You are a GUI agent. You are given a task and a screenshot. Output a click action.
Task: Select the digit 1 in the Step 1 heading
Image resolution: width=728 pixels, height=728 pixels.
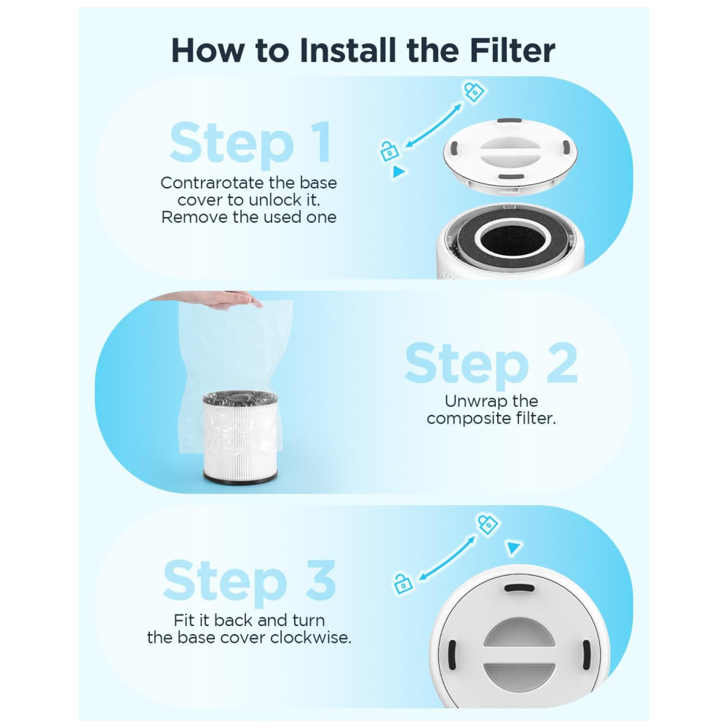click(321, 142)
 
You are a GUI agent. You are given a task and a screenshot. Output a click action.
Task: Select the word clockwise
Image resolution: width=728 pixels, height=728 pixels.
click(311, 638)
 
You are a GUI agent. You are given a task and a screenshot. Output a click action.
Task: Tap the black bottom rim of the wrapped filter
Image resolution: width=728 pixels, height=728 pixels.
click(240, 478)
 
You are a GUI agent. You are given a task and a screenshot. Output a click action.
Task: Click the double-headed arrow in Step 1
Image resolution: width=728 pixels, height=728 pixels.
click(433, 126)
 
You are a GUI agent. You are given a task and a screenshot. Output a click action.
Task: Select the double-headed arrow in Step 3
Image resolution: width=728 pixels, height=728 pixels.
click(447, 558)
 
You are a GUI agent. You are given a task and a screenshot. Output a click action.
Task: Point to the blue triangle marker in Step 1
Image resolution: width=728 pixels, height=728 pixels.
click(398, 172)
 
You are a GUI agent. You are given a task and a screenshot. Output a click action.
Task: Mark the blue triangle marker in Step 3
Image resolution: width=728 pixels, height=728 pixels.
click(513, 547)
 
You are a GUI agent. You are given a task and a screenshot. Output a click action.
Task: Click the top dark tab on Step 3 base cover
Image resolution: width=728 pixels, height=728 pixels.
click(520, 588)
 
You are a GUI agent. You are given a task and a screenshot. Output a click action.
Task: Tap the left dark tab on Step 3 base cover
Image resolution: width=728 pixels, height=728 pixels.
click(452, 654)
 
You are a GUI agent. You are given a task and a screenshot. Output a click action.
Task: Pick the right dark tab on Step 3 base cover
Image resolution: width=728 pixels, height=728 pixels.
click(586, 654)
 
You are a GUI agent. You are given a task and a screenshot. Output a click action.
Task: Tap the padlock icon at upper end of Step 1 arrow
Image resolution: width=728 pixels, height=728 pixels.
click(474, 92)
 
